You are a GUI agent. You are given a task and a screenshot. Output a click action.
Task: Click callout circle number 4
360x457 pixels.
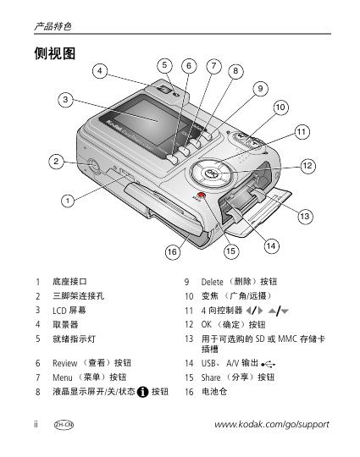[x=100, y=71]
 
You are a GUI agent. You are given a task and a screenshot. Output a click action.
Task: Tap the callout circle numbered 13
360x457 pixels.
[x=305, y=217]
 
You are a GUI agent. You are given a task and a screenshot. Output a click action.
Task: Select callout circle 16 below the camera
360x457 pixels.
[x=173, y=251]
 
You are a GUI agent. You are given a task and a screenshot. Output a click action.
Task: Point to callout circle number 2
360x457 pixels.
[x=56, y=161]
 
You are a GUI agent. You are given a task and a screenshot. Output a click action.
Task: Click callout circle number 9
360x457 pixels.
[x=260, y=89]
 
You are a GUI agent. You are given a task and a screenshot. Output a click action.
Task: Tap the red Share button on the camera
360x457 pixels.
[x=201, y=195]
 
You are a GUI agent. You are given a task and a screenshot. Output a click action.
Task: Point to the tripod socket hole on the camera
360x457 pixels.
[x=92, y=165]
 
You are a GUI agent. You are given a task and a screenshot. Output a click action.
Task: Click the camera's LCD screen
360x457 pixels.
[x=151, y=123]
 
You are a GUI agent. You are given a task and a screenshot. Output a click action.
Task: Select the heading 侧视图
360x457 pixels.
[x=55, y=53]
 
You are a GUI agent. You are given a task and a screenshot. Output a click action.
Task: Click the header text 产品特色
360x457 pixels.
[x=53, y=26]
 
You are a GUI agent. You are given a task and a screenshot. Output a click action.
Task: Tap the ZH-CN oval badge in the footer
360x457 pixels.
[x=64, y=425]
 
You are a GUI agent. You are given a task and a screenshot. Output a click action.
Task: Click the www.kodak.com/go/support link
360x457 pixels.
[x=272, y=424]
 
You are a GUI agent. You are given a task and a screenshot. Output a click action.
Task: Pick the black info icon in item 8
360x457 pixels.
[x=142, y=392]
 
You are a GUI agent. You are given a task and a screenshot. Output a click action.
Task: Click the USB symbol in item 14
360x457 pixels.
[x=269, y=364]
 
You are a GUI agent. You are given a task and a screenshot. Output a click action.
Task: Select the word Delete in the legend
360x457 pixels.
[x=212, y=282]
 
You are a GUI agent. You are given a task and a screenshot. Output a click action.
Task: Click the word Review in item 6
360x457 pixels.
[x=64, y=363]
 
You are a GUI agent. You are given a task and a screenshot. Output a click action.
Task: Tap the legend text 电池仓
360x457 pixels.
[x=214, y=392]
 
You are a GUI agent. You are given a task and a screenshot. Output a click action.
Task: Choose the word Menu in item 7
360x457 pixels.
[x=63, y=377]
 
